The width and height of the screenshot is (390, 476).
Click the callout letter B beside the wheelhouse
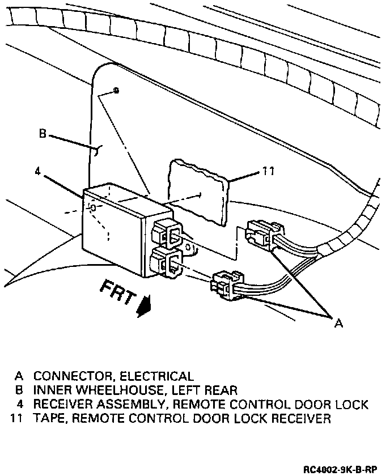[43, 134]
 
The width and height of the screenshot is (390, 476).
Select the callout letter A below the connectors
[338, 323]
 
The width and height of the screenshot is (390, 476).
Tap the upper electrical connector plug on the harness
[263, 233]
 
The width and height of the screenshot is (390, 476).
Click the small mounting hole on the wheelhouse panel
[116, 91]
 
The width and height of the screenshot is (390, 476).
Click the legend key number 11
[16, 419]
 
